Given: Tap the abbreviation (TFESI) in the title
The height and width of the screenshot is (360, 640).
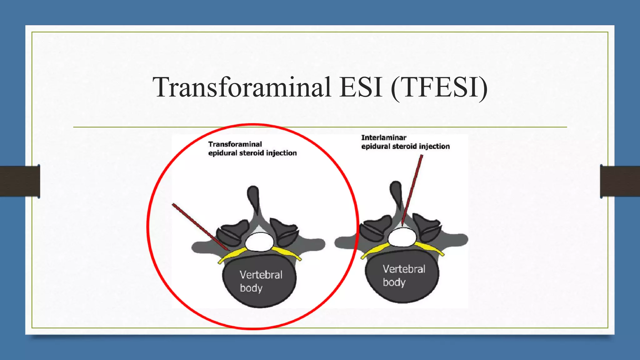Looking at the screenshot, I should pyautogui.click(x=439, y=87).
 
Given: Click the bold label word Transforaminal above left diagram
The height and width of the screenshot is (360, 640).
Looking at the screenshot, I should pyautogui.click(x=235, y=144).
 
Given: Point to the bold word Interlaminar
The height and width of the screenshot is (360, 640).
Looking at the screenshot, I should pyautogui.click(x=384, y=137).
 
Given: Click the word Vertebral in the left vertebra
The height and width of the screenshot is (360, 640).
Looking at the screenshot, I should pyautogui.click(x=261, y=275).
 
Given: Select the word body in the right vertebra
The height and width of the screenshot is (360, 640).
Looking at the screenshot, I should pyautogui.click(x=394, y=282).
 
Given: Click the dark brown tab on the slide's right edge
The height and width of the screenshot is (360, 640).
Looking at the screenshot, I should pyautogui.click(x=620, y=181).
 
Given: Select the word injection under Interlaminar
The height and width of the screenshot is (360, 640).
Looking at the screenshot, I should pyautogui.click(x=434, y=146).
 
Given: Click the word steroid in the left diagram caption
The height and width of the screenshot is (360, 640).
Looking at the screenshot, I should pyautogui.click(x=252, y=153).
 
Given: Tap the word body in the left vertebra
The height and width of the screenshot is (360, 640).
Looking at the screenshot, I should pyautogui.click(x=251, y=288).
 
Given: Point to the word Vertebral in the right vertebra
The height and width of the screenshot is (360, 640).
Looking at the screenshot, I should pyautogui.click(x=404, y=269).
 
